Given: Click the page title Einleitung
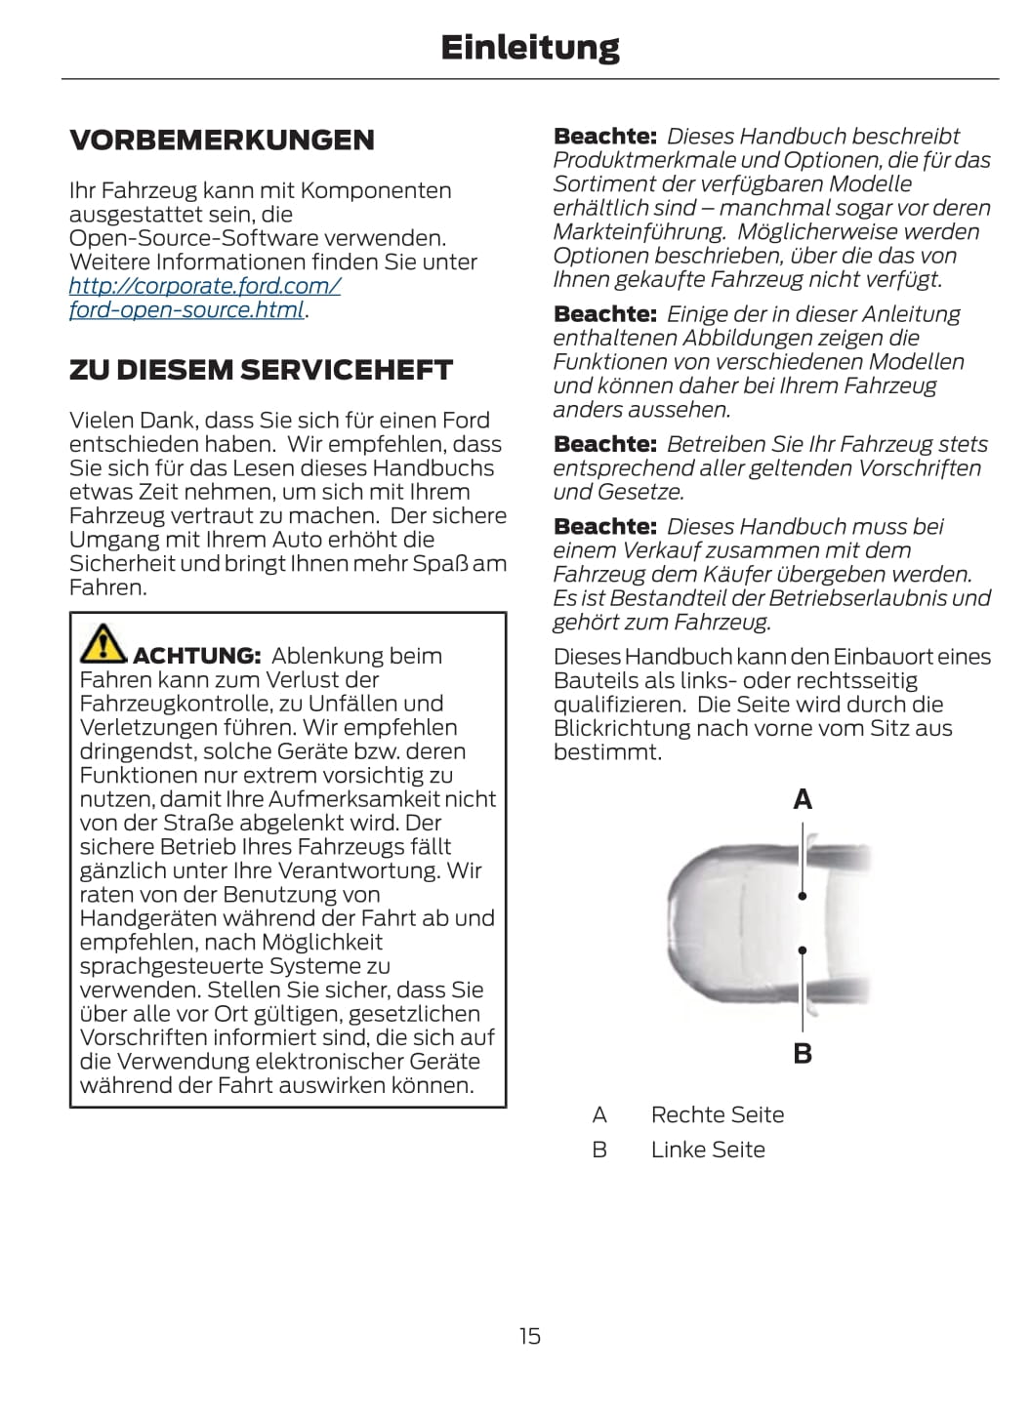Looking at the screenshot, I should (x=529, y=48).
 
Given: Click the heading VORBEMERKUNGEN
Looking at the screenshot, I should (x=222, y=141).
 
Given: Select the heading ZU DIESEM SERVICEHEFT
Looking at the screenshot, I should (x=261, y=371).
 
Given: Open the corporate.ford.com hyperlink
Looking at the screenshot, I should (x=204, y=287).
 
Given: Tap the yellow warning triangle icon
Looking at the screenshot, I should (x=103, y=643).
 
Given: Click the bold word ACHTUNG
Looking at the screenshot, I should (x=196, y=656).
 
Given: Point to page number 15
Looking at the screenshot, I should (x=529, y=1336).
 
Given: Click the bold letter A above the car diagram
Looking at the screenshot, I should (x=803, y=800).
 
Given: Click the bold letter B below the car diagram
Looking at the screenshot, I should (x=803, y=1054).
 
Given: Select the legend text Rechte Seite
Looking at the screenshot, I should (x=717, y=1115).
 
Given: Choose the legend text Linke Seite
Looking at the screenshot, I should (x=707, y=1150).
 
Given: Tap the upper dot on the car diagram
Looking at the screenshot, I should (x=803, y=895).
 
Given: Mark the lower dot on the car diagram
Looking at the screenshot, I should (x=803, y=949).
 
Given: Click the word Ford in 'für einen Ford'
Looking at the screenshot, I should (x=466, y=421).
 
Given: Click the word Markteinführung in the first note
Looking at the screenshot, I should (x=639, y=232).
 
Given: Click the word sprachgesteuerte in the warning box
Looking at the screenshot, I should (x=172, y=966).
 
